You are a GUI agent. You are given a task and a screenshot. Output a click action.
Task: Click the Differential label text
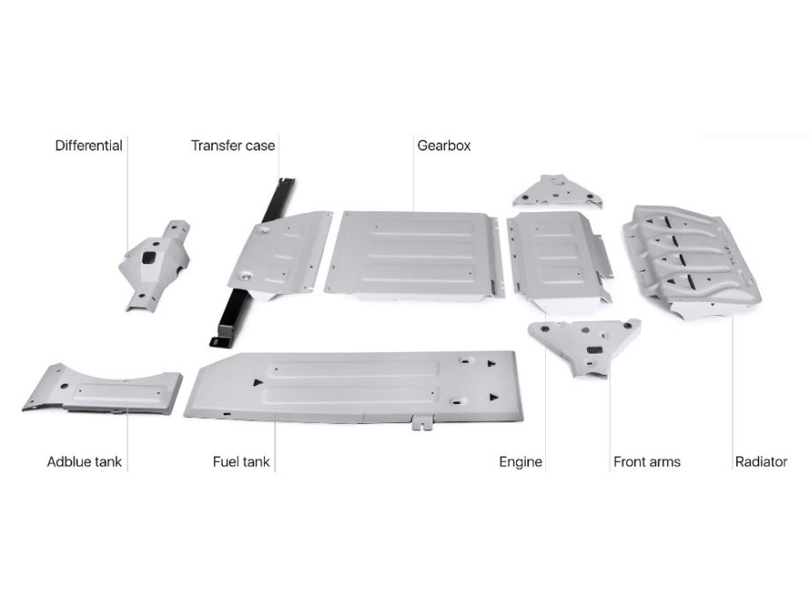tap(89, 145)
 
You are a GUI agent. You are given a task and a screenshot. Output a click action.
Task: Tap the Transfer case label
tap(233, 145)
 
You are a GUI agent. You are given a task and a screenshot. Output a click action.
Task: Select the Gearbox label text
tap(445, 145)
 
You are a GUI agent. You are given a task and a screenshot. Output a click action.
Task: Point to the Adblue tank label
tap(85, 462)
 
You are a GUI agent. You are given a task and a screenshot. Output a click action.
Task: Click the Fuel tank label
tap(241, 462)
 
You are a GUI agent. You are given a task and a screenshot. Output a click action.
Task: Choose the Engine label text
tap(520, 462)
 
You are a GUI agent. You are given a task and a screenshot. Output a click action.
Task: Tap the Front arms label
tap(647, 462)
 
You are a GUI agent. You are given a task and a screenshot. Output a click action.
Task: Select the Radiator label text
tap(761, 462)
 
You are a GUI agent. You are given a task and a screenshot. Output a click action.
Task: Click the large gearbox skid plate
tap(413, 255)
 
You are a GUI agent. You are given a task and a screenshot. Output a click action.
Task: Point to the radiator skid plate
tap(692, 260)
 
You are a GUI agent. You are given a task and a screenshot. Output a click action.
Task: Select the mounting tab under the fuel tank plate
tap(423, 423)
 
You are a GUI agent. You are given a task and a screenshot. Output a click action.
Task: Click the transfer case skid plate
tap(279, 255)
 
